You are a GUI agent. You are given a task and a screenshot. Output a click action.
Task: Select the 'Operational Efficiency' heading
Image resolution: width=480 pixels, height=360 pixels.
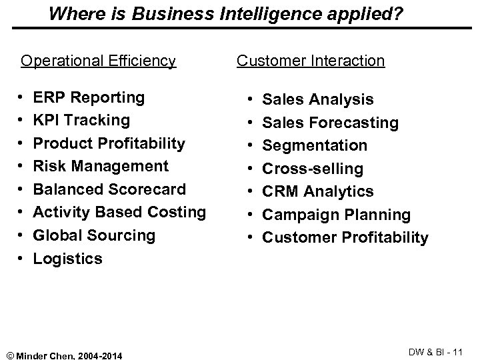point(98,61)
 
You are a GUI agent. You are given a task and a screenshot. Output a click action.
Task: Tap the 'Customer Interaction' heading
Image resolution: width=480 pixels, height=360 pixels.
point(311,61)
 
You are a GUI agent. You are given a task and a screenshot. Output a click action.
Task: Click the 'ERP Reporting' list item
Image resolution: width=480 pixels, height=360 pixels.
point(89,97)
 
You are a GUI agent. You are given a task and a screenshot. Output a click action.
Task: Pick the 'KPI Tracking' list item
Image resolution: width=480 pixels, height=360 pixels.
point(81,120)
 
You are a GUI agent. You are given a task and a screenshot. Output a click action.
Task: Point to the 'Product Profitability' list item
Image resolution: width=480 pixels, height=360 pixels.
point(109,143)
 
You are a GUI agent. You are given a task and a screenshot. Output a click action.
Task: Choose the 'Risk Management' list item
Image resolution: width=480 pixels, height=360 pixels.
point(101,166)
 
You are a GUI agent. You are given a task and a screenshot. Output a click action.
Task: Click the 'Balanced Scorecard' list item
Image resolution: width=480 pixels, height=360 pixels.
point(109,189)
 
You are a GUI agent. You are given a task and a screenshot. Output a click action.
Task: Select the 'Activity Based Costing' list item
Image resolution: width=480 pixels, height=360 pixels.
point(119,212)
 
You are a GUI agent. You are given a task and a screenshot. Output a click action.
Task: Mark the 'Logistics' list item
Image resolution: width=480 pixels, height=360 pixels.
point(68,259)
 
